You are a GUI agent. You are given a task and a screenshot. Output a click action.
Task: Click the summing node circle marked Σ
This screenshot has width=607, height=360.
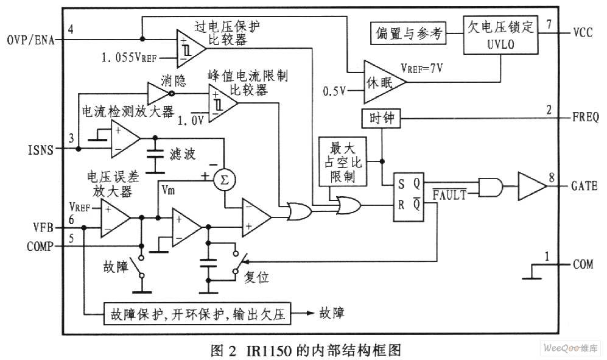(224, 177)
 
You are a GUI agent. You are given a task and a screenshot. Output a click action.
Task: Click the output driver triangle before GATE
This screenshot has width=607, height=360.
(531, 186)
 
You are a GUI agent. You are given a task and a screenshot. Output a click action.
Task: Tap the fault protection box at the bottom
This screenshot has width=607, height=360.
(197, 314)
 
